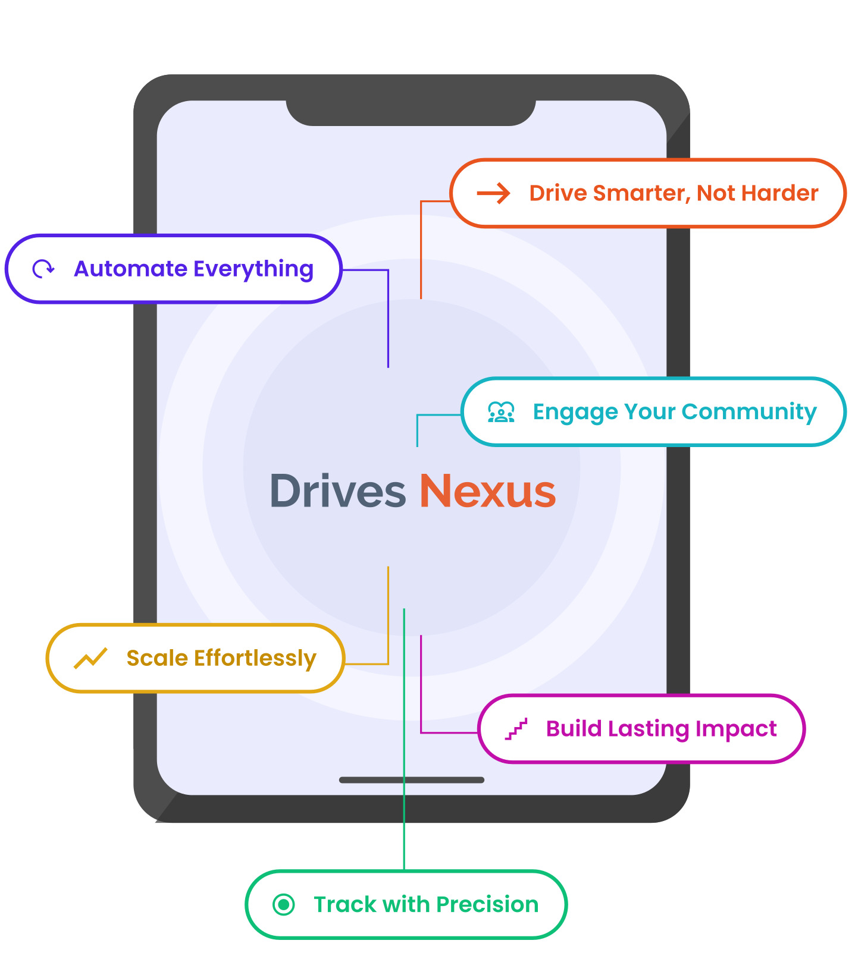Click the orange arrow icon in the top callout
point(493,193)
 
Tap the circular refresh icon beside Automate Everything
point(43,269)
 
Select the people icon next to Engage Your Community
point(501,412)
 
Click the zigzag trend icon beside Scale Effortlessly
point(90,658)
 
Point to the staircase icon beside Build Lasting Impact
point(516,729)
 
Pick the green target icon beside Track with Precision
point(284,905)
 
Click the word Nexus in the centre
point(488,492)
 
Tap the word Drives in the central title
point(338,492)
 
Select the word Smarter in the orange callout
point(641,194)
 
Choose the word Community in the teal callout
point(749,412)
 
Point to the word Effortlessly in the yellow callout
point(255,659)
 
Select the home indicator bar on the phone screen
point(411,780)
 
